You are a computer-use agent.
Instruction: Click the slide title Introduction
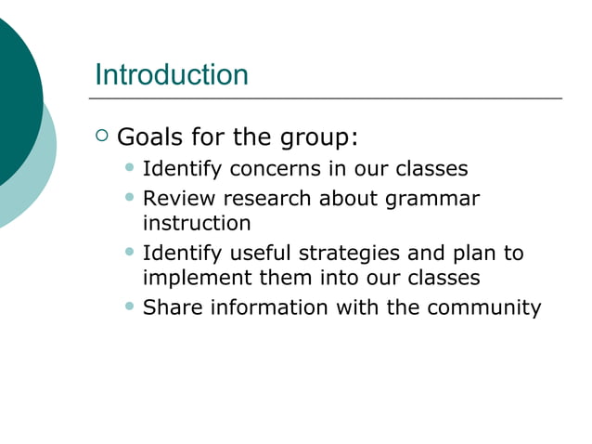click(172, 74)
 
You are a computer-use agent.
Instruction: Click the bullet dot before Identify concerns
click(129, 169)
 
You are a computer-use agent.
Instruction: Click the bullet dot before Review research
click(129, 197)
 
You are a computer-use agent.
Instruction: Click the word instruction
click(197, 224)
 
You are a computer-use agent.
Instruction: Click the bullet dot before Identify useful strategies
click(129, 252)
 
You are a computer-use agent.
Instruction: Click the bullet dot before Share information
click(129, 307)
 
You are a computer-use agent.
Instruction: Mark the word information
click(264, 307)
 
